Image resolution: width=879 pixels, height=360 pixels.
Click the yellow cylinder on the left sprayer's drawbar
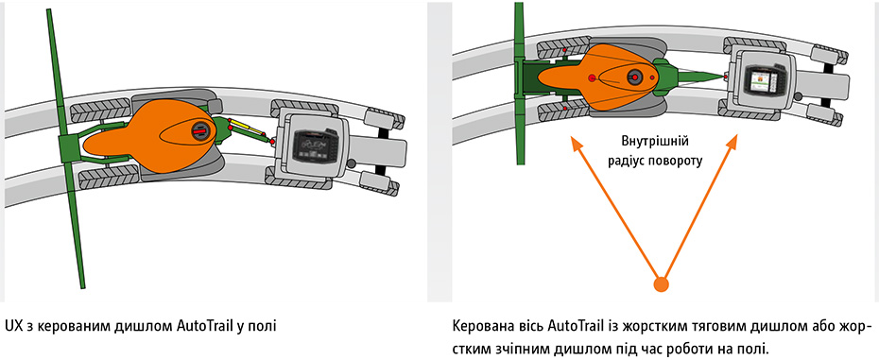[246, 128]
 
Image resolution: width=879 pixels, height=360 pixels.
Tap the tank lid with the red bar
[199, 130]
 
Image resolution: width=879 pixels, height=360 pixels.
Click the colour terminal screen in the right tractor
[763, 80]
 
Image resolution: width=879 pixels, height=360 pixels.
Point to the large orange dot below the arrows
[662, 284]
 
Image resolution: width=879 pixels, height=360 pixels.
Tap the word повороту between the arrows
[672, 160]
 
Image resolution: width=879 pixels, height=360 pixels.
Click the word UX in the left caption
[11, 325]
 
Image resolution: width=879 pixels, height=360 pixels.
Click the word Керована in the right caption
[476, 326]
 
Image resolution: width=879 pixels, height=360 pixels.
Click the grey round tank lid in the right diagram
[634, 76]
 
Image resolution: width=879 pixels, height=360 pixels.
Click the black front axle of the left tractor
[385, 147]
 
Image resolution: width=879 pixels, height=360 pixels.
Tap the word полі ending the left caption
[265, 325]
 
